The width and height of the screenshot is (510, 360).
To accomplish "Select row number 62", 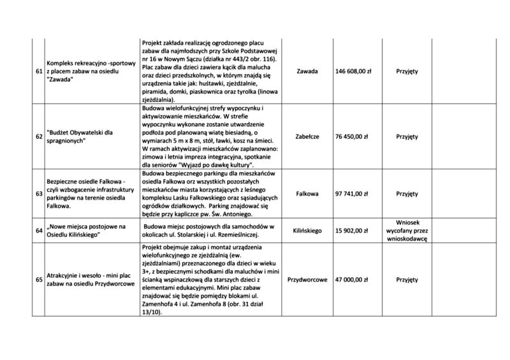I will [39, 136].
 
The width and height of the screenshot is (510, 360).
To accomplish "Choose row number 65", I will [39, 280].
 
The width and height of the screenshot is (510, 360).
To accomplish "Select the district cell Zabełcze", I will [308, 136].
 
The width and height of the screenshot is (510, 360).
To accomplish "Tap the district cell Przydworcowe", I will [308, 280].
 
